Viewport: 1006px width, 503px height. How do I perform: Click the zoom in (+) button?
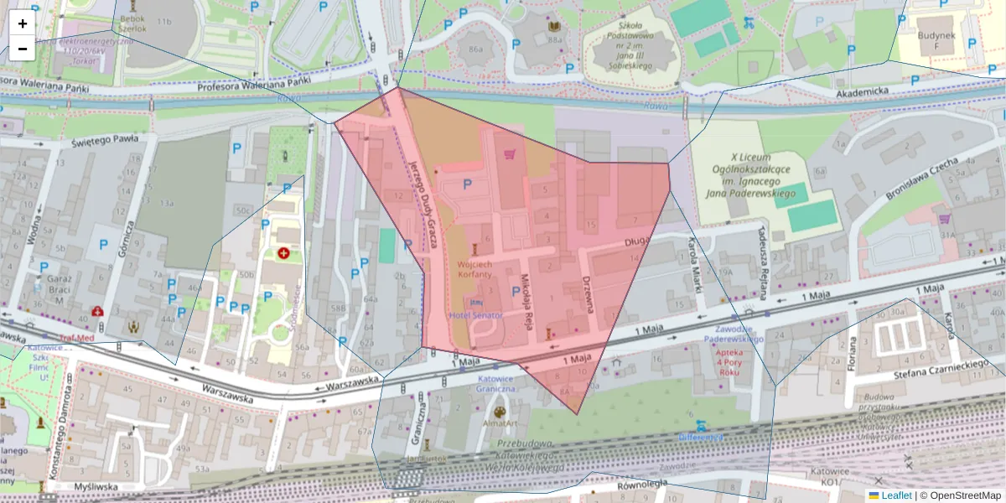coord(22,23)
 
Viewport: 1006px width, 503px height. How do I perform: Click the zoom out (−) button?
coord(22,49)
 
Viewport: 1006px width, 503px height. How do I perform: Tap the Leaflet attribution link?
coord(896,495)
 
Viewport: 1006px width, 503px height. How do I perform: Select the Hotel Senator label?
coord(475,315)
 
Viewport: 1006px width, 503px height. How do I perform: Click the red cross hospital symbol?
coord(283,252)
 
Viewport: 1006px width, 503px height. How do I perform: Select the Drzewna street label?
coord(589,293)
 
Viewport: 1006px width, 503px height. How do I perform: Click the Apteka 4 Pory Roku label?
coord(718,366)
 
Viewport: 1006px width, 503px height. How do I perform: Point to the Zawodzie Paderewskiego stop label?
coord(727,334)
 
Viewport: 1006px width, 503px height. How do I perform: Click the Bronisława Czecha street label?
coord(922,177)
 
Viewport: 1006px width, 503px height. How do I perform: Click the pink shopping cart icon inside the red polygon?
coord(509,153)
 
